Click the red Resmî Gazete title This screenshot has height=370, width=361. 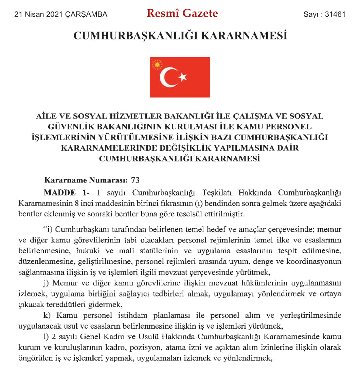182,13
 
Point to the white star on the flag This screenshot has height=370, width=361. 183,77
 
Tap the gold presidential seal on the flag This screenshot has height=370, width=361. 157,64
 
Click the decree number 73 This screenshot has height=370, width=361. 135,180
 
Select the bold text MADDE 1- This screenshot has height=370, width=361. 67,193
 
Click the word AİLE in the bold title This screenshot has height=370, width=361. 47,116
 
